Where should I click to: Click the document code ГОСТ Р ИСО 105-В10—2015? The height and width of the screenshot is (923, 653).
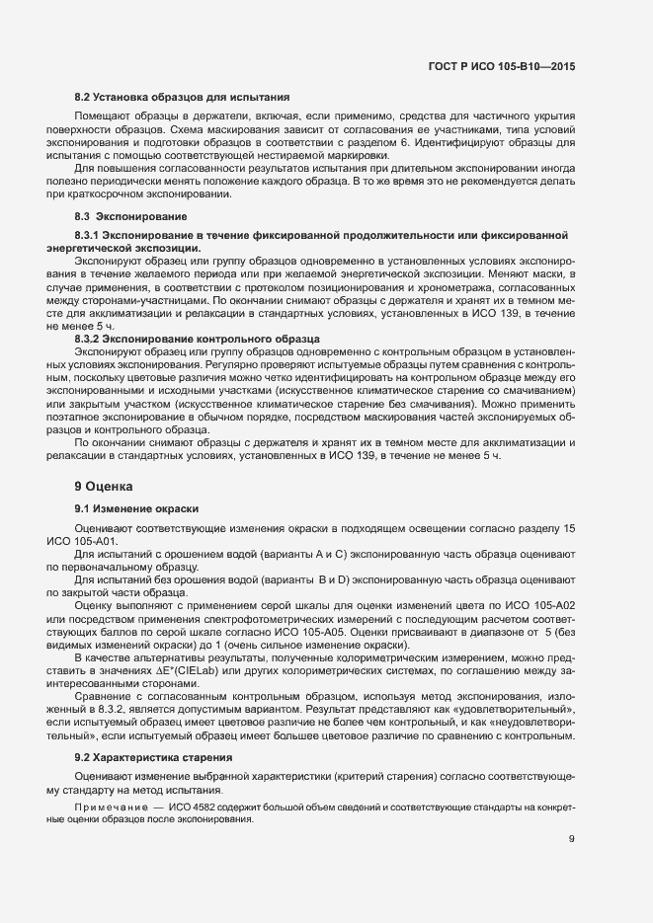point(501,66)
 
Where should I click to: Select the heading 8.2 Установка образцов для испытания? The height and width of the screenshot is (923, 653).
point(182,98)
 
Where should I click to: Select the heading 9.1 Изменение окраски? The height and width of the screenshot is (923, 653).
point(137,508)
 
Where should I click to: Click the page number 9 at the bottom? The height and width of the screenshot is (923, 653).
point(572,839)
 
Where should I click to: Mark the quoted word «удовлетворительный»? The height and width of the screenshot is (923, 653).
point(519,710)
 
